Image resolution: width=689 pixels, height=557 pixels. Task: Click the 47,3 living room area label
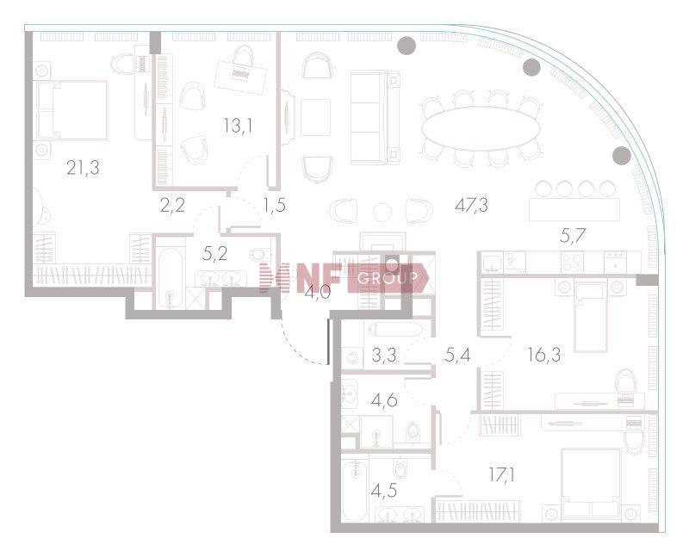click(471, 205)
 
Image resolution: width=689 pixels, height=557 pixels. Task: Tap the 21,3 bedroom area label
click(83, 168)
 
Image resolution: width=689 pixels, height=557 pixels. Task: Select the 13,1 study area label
click(238, 126)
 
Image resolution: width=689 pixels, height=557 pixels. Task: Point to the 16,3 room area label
click(544, 355)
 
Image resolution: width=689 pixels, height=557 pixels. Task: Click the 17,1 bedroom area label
click(502, 474)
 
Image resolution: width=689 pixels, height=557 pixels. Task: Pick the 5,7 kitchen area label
click(573, 237)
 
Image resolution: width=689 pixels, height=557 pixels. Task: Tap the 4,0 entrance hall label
click(318, 292)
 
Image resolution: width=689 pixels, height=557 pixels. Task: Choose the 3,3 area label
click(384, 355)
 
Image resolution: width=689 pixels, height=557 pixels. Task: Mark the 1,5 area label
click(275, 205)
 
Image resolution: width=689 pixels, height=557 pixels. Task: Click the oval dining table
click(481, 128)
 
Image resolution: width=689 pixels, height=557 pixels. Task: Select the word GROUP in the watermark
click(387, 277)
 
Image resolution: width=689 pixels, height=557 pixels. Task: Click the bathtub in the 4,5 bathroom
click(354, 489)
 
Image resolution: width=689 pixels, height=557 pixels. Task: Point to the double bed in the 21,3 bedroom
click(72, 110)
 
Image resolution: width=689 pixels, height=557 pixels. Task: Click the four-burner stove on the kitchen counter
click(572, 262)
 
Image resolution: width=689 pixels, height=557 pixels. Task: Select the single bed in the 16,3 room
click(591, 316)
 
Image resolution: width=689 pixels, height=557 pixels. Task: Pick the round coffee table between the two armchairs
click(382, 213)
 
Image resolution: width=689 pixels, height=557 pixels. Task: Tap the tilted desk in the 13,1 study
click(240, 77)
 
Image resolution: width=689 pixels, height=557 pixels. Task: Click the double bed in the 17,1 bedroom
click(591, 482)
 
